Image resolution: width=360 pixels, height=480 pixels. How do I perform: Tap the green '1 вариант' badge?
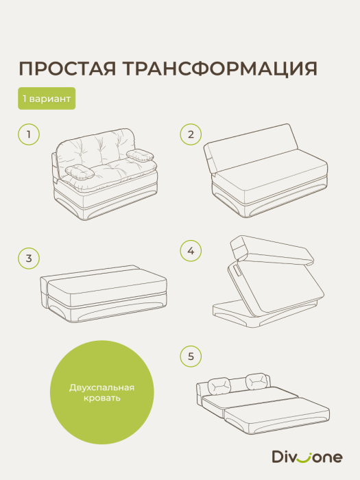pyautogui.click(x=47, y=99)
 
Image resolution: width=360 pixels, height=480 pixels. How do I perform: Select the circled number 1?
pyautogui.click(x=28, y=134)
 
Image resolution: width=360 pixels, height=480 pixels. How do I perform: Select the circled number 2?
pyautogui.click(x=191, y=134)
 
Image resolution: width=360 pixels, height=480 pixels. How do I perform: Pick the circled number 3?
pyautogui.click(x=28, y=258)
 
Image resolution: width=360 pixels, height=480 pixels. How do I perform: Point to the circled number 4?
pyautogui.click(x=191, y=252)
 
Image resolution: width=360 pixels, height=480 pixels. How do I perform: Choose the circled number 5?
pyautogui.click(x=191, y=356)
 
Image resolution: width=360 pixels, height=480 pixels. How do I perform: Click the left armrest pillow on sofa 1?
pyautogui.click(x=81, y=173)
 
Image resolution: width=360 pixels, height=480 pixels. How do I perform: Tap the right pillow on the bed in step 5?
pyautogui.click(x=256, y=379)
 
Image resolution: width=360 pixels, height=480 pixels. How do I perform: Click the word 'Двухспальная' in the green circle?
pyautogui.click(x=101, y=387)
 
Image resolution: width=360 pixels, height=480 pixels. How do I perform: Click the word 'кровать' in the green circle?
pyautogui.click(x=101, y=398)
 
